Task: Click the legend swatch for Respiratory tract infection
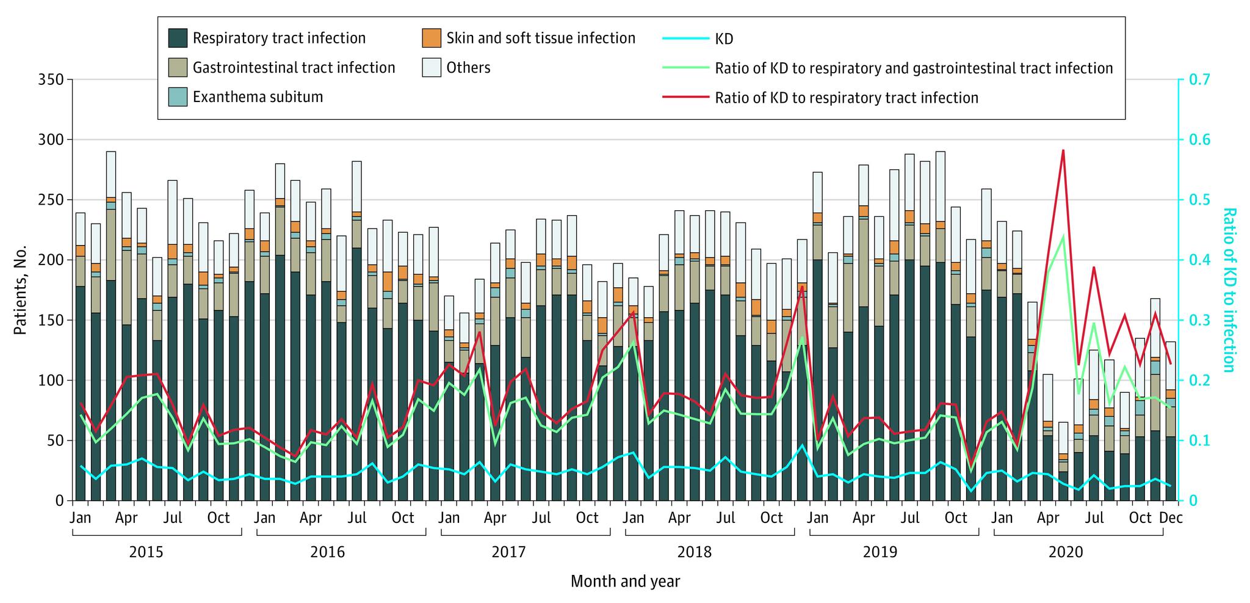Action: (x=178, y=38)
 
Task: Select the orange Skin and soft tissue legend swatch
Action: (x=432, y=38)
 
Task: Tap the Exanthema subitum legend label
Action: (x=258, y=97)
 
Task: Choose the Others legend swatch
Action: (x=432, y=67)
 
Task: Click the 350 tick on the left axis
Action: (x=51, y=80)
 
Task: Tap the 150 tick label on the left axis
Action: (x=51, y=321)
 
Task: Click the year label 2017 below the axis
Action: (x=508, y=553)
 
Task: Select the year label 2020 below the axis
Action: (x=1065, y=553)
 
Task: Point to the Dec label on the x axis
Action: (x=1171, y=518)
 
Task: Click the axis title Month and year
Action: (x=625, y=581)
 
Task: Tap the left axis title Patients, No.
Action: (x=21, y=290)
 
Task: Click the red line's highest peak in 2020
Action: (x=1063, y=150)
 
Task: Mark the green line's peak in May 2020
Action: (x=1063, y=236)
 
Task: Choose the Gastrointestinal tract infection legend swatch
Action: (x=178, y=67)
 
